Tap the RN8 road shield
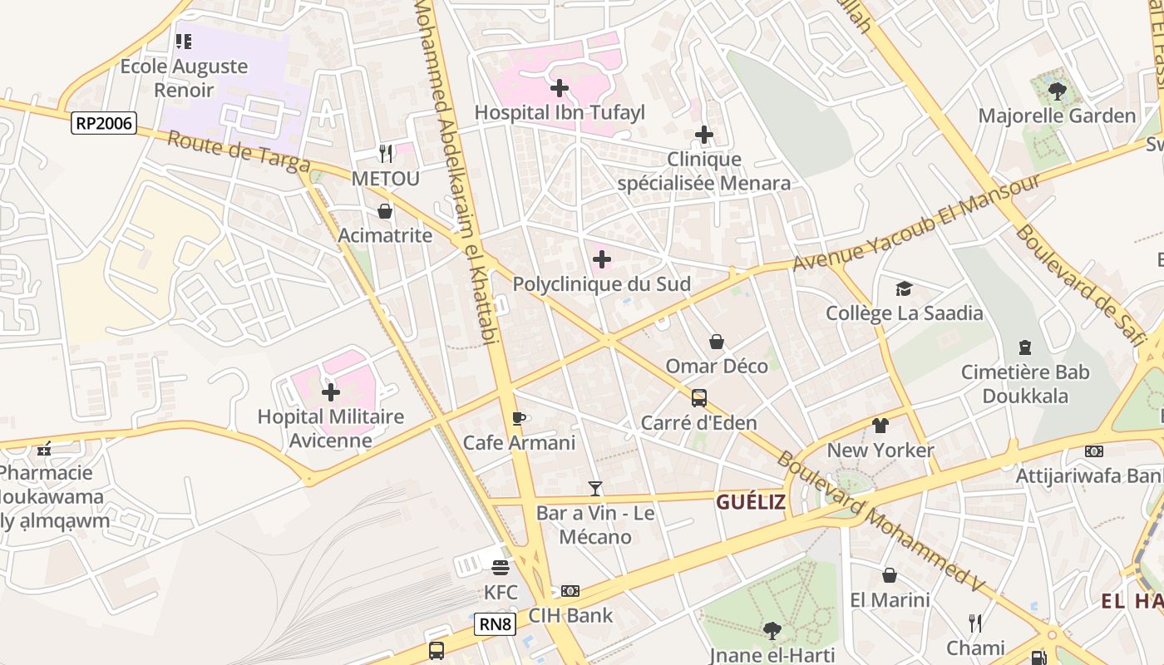(x=495, y=623)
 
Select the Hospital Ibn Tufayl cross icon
(x=560, y=87)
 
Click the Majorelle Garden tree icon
(x=1057, y=91)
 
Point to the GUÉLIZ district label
(x=751, y=502)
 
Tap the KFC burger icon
(x=500, y=568)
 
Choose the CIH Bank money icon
(x=570, y=591)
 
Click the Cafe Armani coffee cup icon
(x=519, y=418)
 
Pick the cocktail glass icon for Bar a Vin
(x=594, y=489)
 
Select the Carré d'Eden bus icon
(x=698, y=398)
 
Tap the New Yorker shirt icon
(x=880, y=426)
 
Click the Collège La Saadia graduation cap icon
(x=904, y=288)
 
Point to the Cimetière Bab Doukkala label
(x=1024, y=383)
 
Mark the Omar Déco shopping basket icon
(x=716, y=342)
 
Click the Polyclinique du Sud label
(x=601, y=284)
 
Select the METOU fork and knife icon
(x=385, y=154)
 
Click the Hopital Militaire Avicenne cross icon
(x=331, y=392)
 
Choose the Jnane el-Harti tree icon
(x=772, y=630)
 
